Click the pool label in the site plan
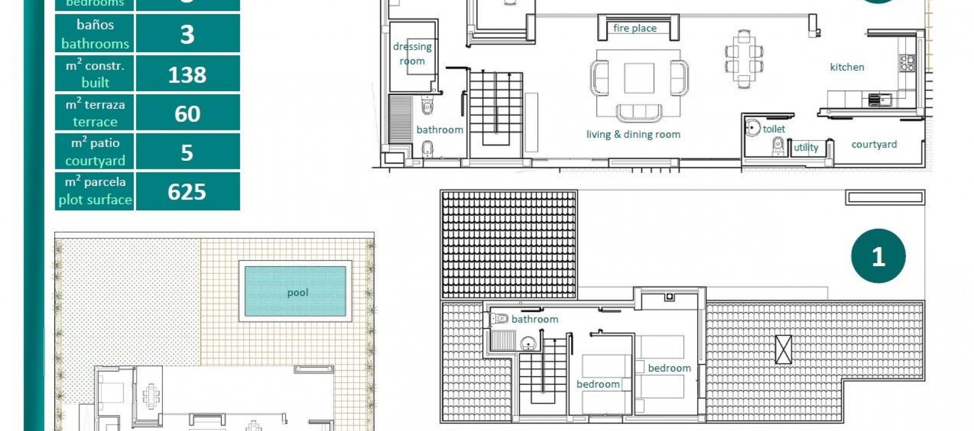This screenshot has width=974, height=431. click(x=297, y=293)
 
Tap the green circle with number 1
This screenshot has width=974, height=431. click(x=878, y=256)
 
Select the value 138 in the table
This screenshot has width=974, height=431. click(x=187, y=75)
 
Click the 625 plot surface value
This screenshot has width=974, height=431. click(x=187, y=192)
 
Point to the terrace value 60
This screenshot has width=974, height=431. click(x=187, y=114)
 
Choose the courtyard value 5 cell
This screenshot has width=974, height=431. click(x=187, y=152)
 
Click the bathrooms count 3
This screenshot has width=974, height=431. click(x=187, y=34)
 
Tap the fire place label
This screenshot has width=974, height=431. click(x=635, y=28)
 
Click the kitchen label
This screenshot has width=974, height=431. click(x=847, y=67)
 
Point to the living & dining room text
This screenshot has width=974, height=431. click(x=633, y=134)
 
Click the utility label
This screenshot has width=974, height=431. click(x=806, y=148)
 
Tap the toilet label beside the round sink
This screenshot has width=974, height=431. click(x=774, y=129)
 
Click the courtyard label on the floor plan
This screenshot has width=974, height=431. click(x=874, y=145)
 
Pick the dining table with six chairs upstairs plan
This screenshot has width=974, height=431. click(x=744, y=59)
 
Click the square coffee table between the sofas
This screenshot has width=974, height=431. click(x=639, y=78)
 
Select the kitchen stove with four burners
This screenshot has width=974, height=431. click(x=908, y=63)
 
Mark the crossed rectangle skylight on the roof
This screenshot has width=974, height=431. click(x=783, y=349)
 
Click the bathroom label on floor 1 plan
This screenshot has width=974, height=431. click(x=535, y=319)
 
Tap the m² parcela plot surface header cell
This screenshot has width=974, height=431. click(x=95, y=191)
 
